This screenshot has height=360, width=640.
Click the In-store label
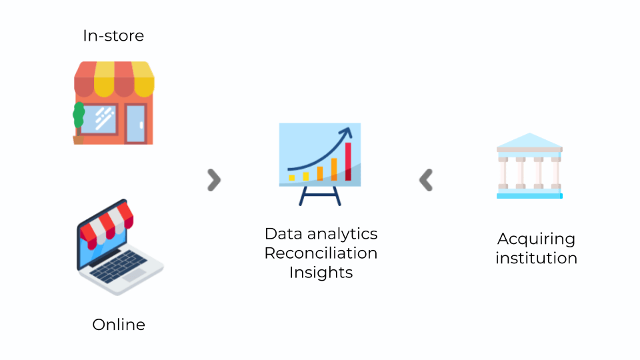click(x=113, y=36)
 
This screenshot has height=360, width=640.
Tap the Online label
click(x=119, y=325)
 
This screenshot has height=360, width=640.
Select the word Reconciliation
click(x=321, y=253)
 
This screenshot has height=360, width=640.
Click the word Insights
click(x=321, y=273)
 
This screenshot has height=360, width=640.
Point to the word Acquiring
click(x=536, y=239)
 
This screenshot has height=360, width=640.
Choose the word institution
click(x=536, y=259)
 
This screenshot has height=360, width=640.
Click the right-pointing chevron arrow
click(x=214, y=180)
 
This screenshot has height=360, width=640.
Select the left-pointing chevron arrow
click(x=426, y=180)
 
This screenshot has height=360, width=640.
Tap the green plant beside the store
click(x=79, y=115)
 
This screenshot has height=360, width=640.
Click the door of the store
click(x=135, y=124)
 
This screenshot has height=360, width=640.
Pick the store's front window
click(x=99, y=119)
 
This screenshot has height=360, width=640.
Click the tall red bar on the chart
click(x=348, y=161)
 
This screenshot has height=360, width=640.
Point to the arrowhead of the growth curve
click(x=347, y=133)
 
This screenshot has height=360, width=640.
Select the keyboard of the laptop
click(x=119, y=266)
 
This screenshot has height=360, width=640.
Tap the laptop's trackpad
click(x=134, y=275)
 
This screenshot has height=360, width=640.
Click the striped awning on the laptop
click(x=107, y=225)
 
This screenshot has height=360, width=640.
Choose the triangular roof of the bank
click(x=529, y=140)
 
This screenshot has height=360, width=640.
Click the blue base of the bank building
click(x=529, y=196)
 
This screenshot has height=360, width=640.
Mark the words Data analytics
click(x=321, y=234)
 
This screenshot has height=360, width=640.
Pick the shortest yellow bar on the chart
click(x=292, y=177)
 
